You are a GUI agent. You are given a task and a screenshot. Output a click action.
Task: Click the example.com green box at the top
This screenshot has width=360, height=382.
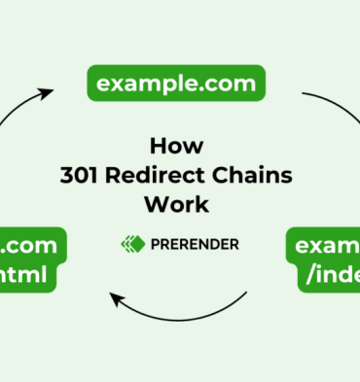176,83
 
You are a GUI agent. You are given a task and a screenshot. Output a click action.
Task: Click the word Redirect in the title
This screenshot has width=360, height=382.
162,175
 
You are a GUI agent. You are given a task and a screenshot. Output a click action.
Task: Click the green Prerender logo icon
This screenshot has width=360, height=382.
131,243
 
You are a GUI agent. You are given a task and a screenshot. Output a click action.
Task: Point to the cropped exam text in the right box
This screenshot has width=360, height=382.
327,244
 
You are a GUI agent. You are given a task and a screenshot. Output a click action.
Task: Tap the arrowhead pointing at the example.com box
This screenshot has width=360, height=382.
44,93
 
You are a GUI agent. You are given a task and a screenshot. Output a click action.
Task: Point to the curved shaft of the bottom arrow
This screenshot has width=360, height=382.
185,315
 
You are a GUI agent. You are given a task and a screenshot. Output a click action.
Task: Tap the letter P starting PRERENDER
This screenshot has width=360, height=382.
153,243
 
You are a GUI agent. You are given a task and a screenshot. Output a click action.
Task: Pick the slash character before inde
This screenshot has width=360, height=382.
310,274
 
